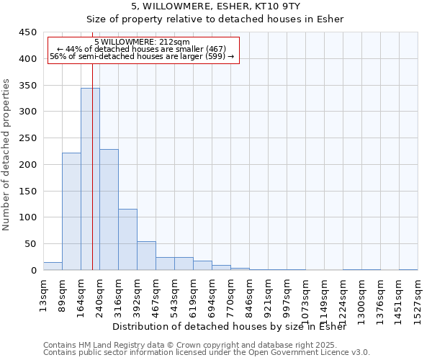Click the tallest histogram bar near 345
tap(90, 180)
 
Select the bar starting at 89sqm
tap(71, 212)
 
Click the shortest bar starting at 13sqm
tap(53, 266)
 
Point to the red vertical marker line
tap(93, 144)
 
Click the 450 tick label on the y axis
tap(27, 32)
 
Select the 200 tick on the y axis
tap(27, 164)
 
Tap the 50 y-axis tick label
tap(30, 244)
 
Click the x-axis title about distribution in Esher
tap(230, 327)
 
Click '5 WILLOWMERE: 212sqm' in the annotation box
tap(142, 42)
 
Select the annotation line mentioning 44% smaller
tap(142, 49)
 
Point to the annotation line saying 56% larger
tap(142, 56)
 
